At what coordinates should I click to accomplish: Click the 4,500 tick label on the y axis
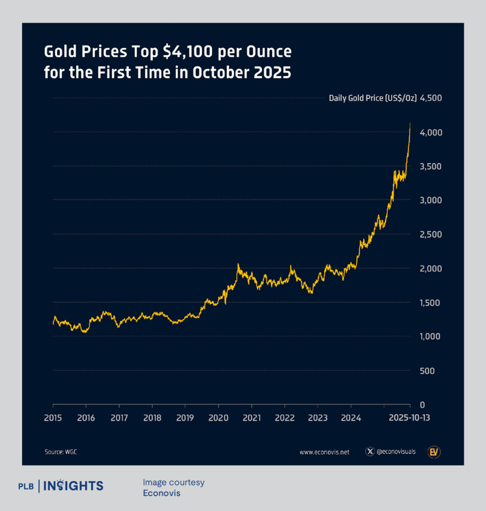[431, 98]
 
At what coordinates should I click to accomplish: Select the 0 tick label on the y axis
[423, 405]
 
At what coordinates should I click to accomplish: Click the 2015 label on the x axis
[53, 418]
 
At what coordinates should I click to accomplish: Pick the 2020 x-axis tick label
[218, 418]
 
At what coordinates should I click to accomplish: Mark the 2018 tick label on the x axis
[152, 418]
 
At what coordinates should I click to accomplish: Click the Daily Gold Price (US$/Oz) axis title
[372, 98]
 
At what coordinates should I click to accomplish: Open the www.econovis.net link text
[324, 452]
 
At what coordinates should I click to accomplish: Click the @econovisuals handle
[396, 452]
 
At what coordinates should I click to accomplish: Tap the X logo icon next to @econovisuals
[370, 452]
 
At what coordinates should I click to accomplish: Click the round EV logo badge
[434, 452]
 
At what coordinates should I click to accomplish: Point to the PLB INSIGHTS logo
[60, 486]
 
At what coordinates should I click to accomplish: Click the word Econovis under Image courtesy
[162, 493]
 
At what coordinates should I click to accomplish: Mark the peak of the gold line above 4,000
[410, 123]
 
